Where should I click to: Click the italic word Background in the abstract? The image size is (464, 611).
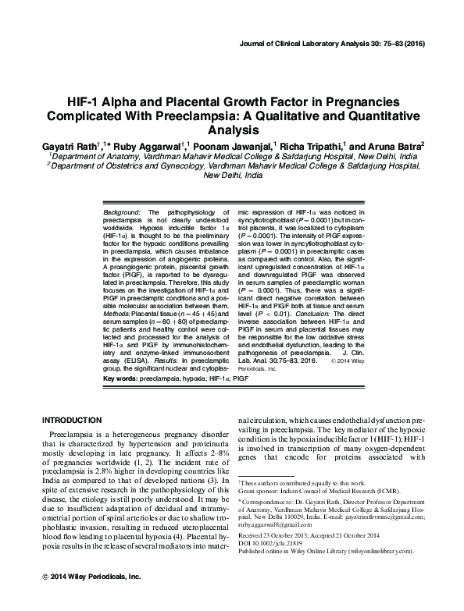(x=121, y=211)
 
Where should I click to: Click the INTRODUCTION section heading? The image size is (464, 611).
(x=72, y=420)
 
